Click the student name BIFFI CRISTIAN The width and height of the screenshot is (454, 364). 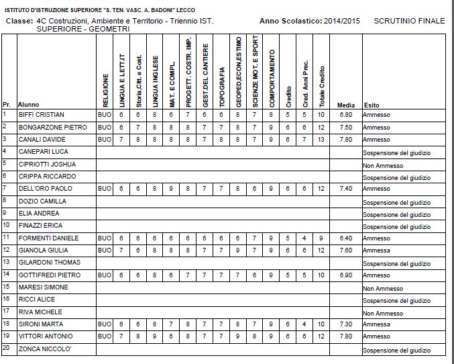[x=40, y=115]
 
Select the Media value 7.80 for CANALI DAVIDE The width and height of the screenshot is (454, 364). [x=345, y=140]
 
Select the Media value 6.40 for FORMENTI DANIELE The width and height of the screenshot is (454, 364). [x=345, y=238]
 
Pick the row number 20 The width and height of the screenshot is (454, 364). [x=5, y=349]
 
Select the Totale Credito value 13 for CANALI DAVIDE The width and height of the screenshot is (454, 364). [x=322, y=140]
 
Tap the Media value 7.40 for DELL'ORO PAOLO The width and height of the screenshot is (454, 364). [x=345, y=189]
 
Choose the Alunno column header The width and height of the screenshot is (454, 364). [x=28, y=105]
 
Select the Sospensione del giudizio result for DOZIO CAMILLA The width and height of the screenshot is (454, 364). [x=396, y=201]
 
